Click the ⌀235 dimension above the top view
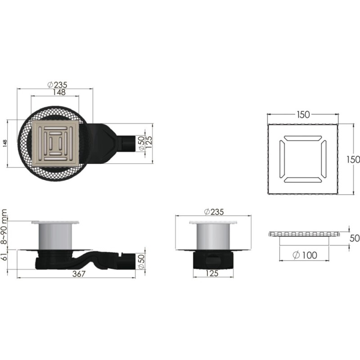pyautogui.click(x=58, y=85)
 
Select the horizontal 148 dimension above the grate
pyautogui.click(x=59, y=92)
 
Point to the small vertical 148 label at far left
pyautogui.click(x=5, y=143)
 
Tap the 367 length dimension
pyautogui.click(x=79, y=274)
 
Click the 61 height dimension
pyautogui.click(x=4, y=256)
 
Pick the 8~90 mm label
pyautogui.click(x=4, y=227)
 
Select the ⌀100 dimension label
pyautogui.click(x=305, y=255)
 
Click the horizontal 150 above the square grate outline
pyautogui.click(x=303, y=115)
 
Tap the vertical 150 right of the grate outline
pyautogui.click(x=353, y=159)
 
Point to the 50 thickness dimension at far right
pyautogui.click(x=355, y=238)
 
